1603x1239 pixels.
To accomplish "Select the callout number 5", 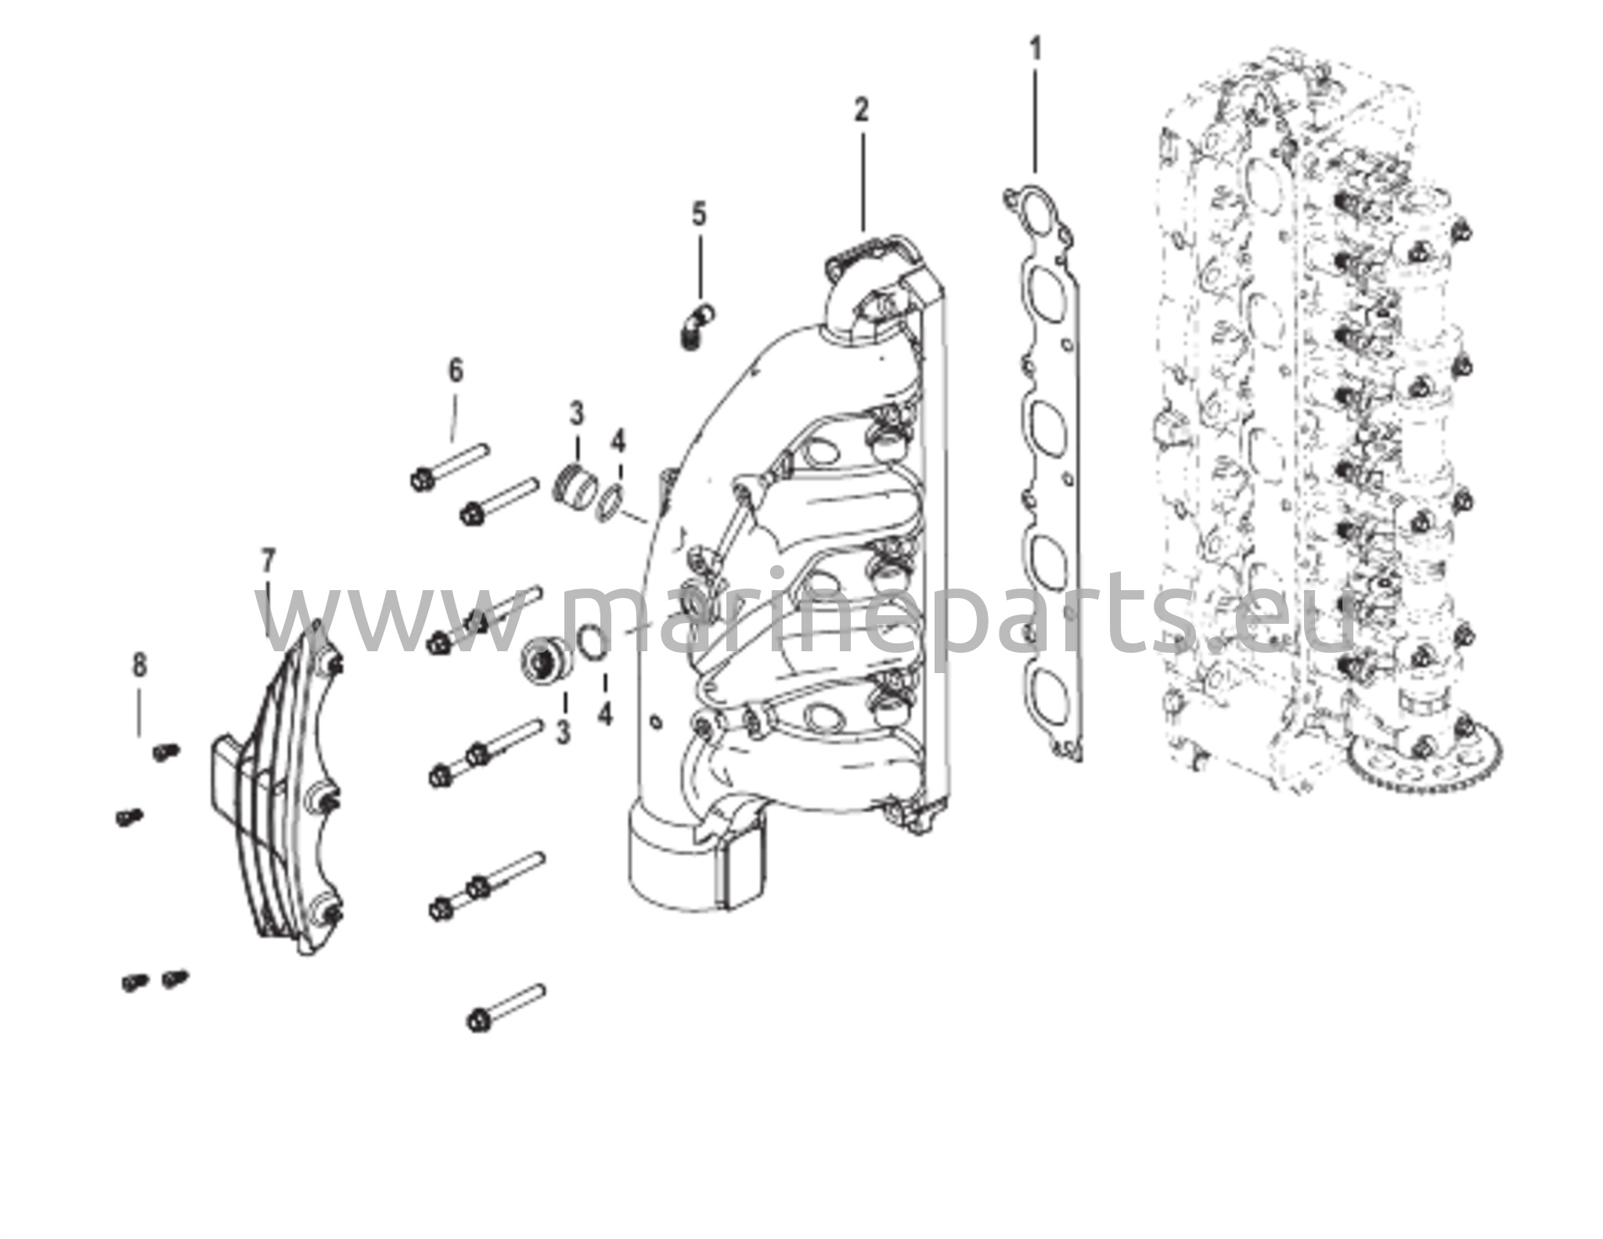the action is pos(699,214).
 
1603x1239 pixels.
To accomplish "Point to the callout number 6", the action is pos(456,371).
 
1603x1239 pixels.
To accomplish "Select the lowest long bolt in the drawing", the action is pos(505,1007).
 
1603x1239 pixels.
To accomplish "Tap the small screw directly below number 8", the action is pos(165,751).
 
